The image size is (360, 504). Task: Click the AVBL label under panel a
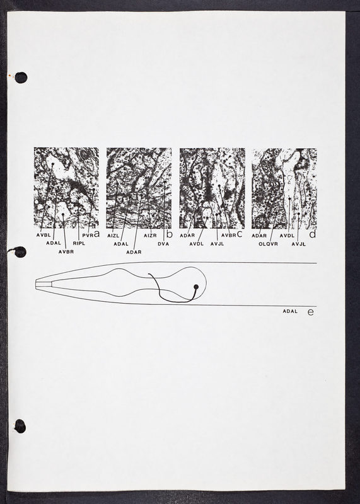(44, 235)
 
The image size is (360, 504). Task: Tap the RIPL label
(79, 243)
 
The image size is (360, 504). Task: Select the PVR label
(88, 235)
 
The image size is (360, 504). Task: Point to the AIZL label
(113, 236)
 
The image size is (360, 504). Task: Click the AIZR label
(150, 236)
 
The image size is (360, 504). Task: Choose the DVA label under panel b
(163, 244)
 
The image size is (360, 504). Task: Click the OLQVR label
(268, 244)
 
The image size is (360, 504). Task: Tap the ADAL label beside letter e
(290, 311)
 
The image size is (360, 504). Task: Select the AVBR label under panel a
(66, 251)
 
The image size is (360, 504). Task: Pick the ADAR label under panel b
(134, 253)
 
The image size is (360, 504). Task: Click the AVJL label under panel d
(299, 244)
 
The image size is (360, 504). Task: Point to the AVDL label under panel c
(196, 244)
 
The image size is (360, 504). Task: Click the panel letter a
(96, 234)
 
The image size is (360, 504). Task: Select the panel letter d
(312, 234)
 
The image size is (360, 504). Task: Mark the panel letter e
(310, 312)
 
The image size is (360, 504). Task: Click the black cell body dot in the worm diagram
(196, 287)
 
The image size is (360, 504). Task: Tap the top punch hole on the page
(21, 77)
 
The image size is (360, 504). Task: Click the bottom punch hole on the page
(20, 427)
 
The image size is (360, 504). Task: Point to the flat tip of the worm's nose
(36, 285)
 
